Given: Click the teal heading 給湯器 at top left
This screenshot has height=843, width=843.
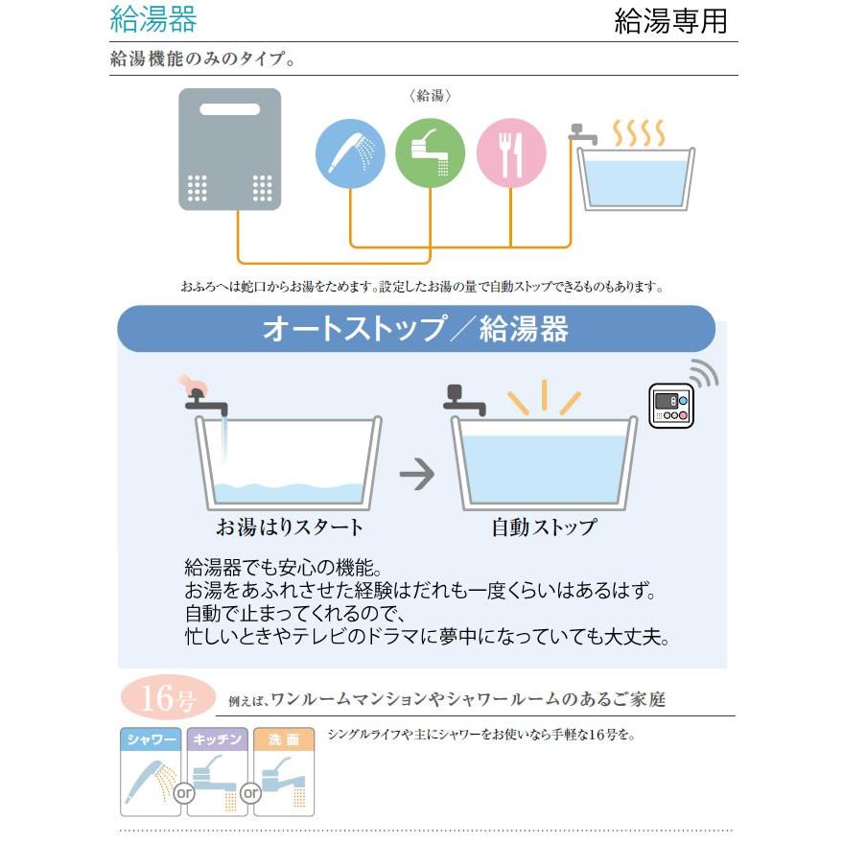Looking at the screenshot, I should pyautogui.click(x=153, y=18).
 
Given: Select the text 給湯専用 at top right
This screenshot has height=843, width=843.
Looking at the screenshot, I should pyautogui.click(x=670, y=21).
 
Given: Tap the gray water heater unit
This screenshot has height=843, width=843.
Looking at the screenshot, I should pyautogui.click(x=230, y=150).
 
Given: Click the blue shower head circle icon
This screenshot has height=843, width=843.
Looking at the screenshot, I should pyautogui.click(x=350, y=152).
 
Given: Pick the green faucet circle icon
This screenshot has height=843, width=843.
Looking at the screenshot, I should pyautogui.click(x=431, y=152).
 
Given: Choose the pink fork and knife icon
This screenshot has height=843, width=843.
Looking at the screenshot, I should pyautogui.click(x=511, y=152).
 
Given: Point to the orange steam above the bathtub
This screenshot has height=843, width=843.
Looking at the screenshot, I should pyautogui.click(x=639, y=132).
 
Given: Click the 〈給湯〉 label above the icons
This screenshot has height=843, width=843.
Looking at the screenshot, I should pyautogui.click(x=429, y=97).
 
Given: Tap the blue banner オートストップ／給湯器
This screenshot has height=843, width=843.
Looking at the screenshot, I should pyautogui.click(x=415, y=329).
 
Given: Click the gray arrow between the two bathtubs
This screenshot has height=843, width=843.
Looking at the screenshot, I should pyautogui.click(x=416, y=474).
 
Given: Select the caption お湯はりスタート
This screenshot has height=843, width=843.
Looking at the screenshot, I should pyautogui.click(x=290, y=527).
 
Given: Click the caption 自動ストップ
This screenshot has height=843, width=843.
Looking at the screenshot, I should pyautogui.click(x=544, y=527).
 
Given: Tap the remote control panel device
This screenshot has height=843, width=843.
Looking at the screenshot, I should pyautogui.click(x=670, y=406).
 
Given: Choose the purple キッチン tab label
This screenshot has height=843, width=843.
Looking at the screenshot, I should pyautogui.click(x=218, y=740).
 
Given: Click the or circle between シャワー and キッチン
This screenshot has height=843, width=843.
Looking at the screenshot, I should pyautogui.click(x=185, y=794).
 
